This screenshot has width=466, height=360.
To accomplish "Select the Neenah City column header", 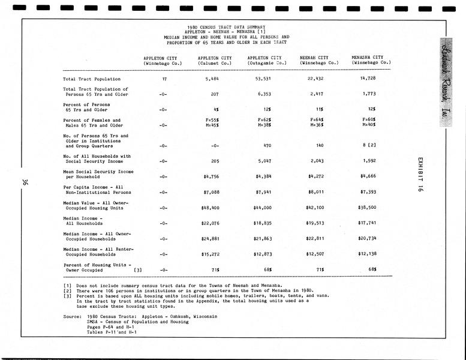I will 319,59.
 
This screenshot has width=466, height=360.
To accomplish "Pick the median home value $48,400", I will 214,208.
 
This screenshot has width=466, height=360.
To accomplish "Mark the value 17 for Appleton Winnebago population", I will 164,79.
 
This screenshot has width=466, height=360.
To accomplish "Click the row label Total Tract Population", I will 91,79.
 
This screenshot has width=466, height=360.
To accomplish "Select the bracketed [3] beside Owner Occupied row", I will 139,270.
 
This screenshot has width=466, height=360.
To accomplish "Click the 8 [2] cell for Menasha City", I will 369,146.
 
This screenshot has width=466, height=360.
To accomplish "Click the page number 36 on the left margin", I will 24,183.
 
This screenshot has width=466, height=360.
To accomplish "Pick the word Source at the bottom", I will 73,316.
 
